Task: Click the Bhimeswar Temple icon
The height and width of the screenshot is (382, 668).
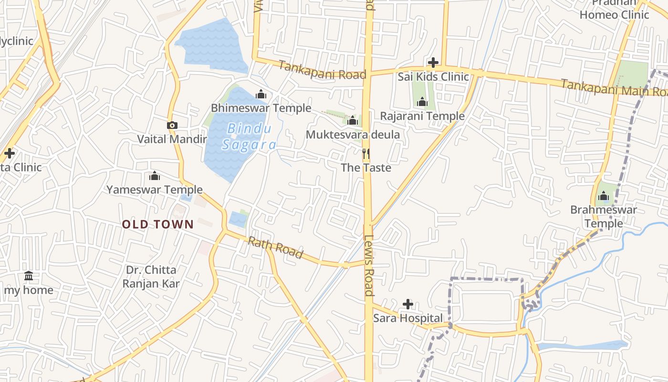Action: click(261, 94)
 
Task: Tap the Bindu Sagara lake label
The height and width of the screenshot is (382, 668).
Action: click(249, 137)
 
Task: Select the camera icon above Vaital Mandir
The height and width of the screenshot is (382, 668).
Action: click(172, 126)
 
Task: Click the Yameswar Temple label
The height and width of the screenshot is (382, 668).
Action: click(155, 190)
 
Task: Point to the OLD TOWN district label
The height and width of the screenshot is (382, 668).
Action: click(158, 224)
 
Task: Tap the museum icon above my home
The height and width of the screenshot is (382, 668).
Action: click(29, 276)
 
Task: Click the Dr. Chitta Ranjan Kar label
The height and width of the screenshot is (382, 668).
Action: click(151, 277)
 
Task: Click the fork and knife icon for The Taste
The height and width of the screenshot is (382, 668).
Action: click(366, 154)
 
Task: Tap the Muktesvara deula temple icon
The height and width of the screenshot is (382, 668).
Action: click(353, 120)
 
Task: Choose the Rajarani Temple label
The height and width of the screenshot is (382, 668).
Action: click(422, 116)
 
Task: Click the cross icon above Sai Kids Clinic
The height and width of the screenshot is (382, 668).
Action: click(433, 63)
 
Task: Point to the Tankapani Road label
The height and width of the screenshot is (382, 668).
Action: click(323, 70)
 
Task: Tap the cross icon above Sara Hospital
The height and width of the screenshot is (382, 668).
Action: click(408, 304)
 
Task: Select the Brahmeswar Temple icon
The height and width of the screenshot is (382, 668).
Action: click(604, 196)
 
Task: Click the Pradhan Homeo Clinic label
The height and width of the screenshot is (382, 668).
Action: click(615, 9)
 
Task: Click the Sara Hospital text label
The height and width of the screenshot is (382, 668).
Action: click(408, 318)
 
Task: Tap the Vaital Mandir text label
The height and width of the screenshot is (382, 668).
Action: click(172, 139)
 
